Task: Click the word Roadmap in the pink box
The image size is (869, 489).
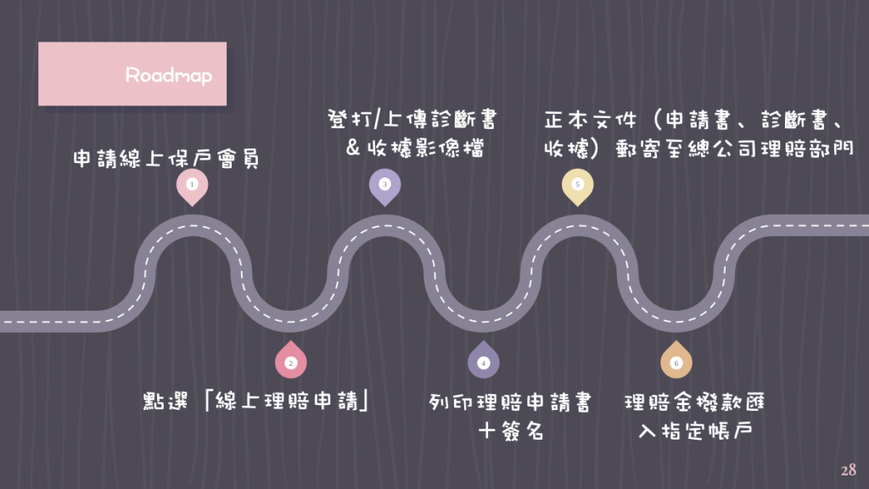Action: [x=169, y=76]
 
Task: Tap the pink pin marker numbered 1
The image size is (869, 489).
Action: [x=193, y=188]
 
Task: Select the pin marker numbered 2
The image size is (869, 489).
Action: [x=290, y=359]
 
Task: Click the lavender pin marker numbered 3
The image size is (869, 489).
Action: [x=384, y=188]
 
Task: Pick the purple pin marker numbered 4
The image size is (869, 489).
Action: [x=483, y=359]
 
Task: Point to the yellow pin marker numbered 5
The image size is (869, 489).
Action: [x=577, y=188]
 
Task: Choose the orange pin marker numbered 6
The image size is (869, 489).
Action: [x=676, y=359]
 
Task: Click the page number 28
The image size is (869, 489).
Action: [x=848, y=470]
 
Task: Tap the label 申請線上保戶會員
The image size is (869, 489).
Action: [x=166, y=159]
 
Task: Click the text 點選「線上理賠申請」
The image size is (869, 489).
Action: [x=256, y=401]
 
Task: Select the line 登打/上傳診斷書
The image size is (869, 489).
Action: [x=412, y=119]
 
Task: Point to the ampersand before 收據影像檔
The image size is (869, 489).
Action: [x=353, y=148]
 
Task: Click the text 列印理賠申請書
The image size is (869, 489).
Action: [x=510, y=402]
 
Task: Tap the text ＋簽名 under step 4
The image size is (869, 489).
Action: [x=511, y=430]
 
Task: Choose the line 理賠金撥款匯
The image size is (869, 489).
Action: [x=694, y=402]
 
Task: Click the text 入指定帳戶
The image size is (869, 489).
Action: [x=695, y=430]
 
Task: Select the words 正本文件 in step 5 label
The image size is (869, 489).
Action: [x=591, y=119]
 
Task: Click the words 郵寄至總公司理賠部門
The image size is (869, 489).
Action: [x=734, y=148]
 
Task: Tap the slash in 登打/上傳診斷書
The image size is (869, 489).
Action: [x=378, y=119]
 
